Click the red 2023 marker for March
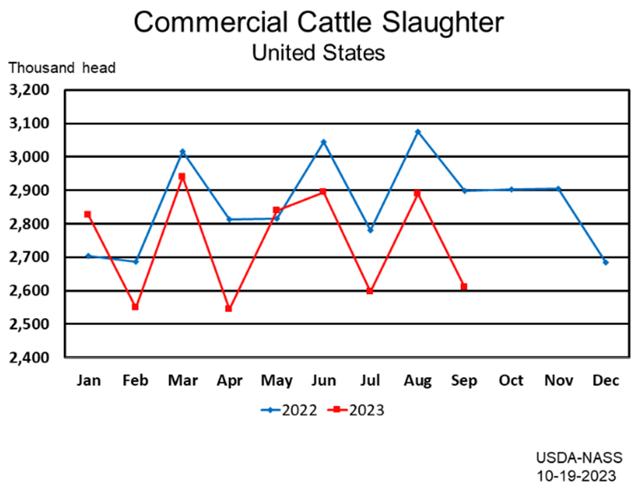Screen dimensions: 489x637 click(x=182, y=176)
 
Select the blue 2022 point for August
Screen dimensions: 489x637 click(x=417, y=132)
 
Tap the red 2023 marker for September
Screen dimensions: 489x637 click(x=464, y=286)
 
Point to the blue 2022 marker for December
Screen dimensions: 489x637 click(x=605, y=262)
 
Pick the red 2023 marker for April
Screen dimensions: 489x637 click(x=229, y=308)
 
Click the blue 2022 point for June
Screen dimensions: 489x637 click(x=323, y=142)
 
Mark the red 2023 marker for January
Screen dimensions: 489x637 click(x=88, y=214)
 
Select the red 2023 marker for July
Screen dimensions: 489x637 click(x=370, y=291)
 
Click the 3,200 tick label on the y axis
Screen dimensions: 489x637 click(x=30, y=90)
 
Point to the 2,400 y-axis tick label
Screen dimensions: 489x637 click(x=30, y=357)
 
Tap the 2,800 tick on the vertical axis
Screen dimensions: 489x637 click(x=30, y=224)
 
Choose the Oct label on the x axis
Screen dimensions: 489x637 click(x=511, y=381)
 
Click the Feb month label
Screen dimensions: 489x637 click(x=135, y=381)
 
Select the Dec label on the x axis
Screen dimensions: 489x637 click(x=605, y=381)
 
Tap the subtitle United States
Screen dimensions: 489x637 click(x=318, y=52)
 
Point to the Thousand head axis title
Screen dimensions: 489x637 click(x=62, y=68)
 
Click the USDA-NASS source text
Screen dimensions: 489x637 click(x=579, y=458)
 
